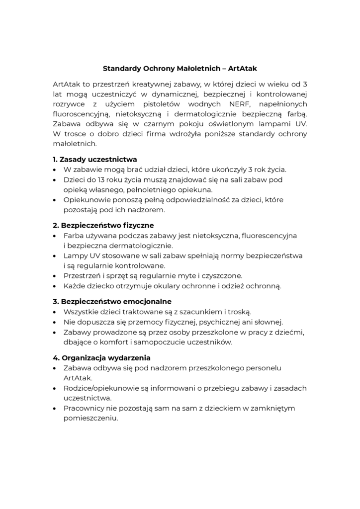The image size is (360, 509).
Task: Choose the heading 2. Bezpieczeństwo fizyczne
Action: [103, 225]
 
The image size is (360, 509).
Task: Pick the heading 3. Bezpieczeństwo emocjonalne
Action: [112, 301]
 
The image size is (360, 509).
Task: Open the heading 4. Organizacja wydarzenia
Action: [101, 357]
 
